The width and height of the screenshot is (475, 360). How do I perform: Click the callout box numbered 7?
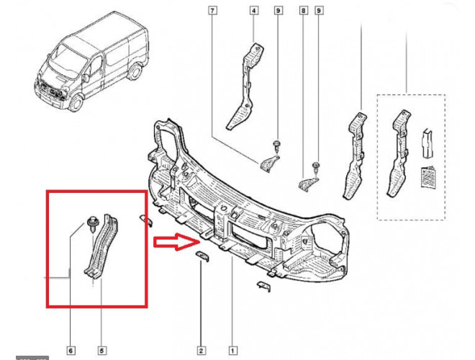click(212, 11)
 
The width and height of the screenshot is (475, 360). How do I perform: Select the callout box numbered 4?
click(254, 11)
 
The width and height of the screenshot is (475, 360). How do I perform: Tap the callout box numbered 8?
click(303, 11)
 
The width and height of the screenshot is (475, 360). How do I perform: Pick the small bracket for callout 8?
click(308, 181)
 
